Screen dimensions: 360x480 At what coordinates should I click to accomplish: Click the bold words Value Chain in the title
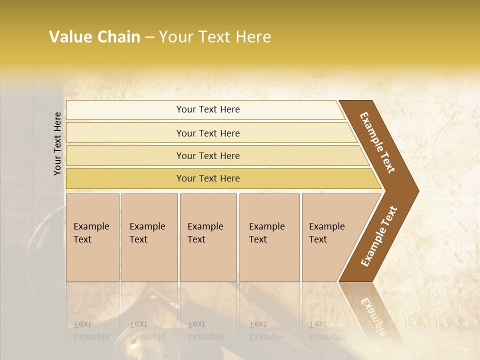pyautogui.click(x=94, y=37)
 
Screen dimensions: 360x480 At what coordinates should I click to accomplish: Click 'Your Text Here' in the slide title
pyautogui.click(x=215, y=37)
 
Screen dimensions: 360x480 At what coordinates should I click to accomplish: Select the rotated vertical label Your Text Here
pyautogui.click(x=57, y=143)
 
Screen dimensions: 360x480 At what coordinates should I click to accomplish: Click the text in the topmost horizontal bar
pyautogui.click(x=208, y=109)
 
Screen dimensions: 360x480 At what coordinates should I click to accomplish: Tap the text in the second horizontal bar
pyautogui.click(x=208, y=133)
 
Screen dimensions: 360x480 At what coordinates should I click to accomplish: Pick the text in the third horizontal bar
pyautogui.click(x=208, y=156)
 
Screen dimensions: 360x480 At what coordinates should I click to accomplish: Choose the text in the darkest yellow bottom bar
pyautogui.click(x=208, y=178)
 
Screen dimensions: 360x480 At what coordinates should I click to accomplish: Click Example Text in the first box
pyautogui.click(x=91, y=233)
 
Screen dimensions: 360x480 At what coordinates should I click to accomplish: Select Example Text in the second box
pyautogui.click(x=147, y=233)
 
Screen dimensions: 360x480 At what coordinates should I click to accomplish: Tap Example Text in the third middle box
pyautogui.click(x=205, y=233)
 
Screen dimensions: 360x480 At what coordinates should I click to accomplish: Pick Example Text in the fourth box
pyautogui.click(x=266, y=233)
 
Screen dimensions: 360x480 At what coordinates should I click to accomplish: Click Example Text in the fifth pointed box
pyautogui.click(x=326, y=233)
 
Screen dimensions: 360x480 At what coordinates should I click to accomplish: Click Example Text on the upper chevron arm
pyautogui.click(x=377, y=142)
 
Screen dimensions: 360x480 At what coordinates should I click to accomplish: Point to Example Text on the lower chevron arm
pyautogui.click(x=379, y=236)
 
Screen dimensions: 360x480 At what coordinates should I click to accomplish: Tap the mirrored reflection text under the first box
pyautogui.click(x=91, y=330)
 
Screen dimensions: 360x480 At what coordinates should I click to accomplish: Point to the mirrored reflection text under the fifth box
pyautogui.click(x=326, y=330)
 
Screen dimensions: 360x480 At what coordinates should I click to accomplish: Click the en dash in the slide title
pyautogui.click(x=149, y=37)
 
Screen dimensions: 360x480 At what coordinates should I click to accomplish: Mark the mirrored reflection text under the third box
pyautogui.click(x=205, y=330)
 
